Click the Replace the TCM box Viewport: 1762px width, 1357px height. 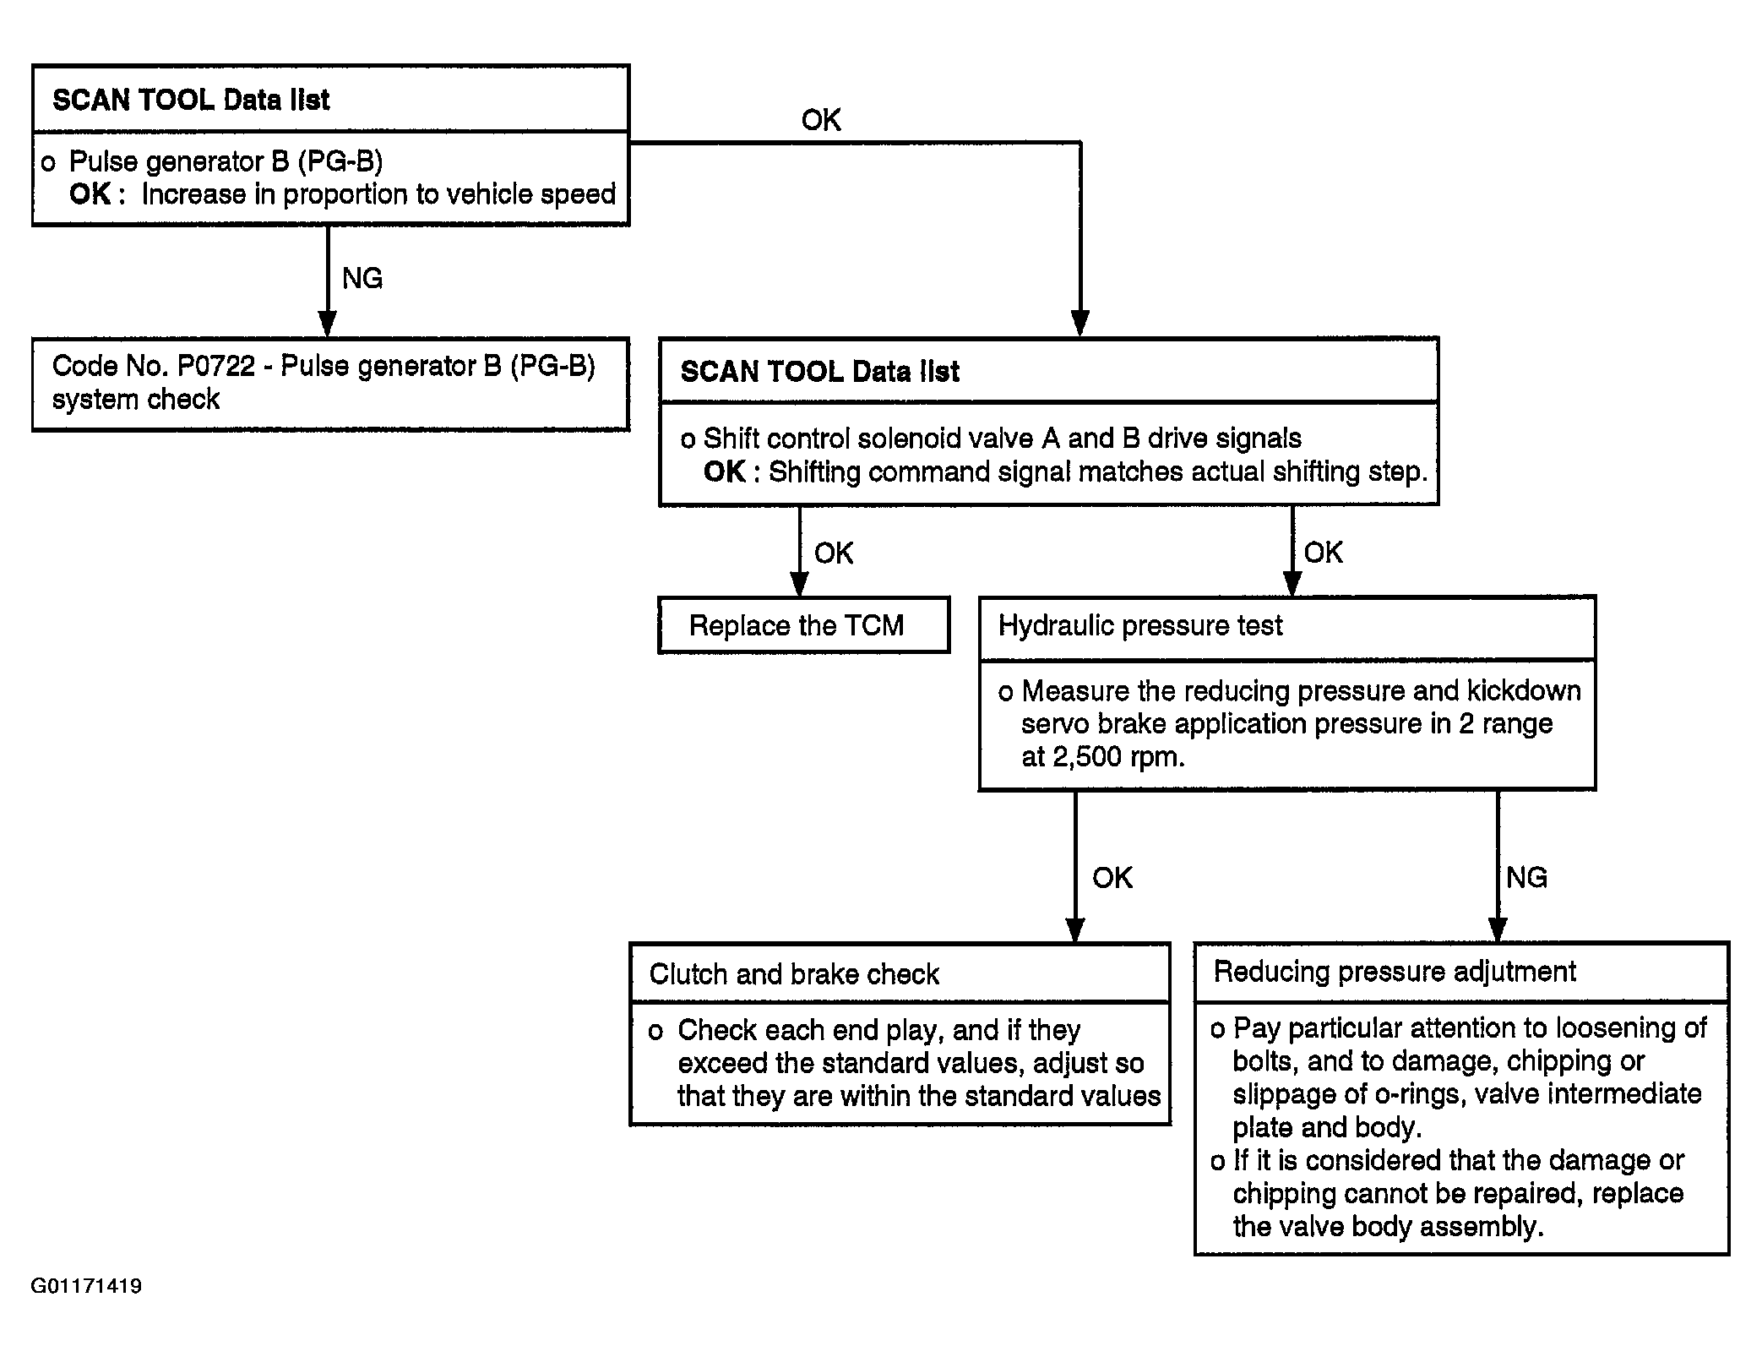point(803,624)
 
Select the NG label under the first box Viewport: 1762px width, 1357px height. point(362,278)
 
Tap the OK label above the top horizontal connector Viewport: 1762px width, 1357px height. point(821,120)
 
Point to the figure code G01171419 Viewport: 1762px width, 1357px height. point(86,1286)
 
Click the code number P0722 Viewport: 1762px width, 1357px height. point(216,366)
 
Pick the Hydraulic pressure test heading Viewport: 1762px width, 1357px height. point(1140,625)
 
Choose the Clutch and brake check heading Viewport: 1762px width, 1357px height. point(794,974)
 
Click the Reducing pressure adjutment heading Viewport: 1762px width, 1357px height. point(1395,972)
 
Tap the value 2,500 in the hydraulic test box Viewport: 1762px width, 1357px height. point(1085,756)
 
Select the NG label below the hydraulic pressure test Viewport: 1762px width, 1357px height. point(1526,877)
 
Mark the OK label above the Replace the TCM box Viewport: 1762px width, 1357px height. point(834,553)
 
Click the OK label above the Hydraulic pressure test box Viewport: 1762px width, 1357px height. point(1323,552)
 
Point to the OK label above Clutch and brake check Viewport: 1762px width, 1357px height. point(1112,877)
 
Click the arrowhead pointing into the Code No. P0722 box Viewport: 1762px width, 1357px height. point(328,324)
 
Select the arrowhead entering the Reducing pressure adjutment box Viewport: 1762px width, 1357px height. point(1498,929)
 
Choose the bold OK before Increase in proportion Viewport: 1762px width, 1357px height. point(90,194)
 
